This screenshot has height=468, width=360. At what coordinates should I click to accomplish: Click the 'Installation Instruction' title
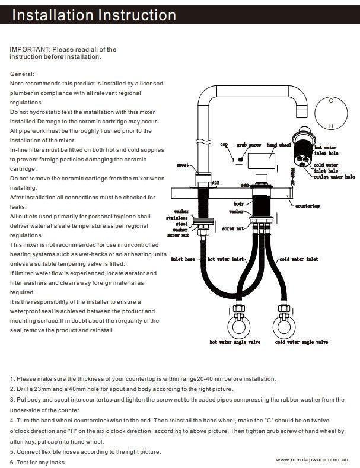[x=94, y=15]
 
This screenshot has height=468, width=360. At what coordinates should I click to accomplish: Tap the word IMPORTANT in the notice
[x=30, y=50]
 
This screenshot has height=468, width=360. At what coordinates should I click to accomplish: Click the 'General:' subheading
[x=23, y=74]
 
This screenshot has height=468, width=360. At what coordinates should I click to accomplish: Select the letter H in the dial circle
[x=331, y=126]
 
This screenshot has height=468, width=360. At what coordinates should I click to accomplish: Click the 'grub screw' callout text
[x=249, y=145]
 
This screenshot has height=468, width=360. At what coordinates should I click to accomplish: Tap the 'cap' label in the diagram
[x=224, y=144]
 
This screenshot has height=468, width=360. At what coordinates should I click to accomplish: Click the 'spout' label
[x=183, y=165]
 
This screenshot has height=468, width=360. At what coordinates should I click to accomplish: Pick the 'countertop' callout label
[x=307, y=206]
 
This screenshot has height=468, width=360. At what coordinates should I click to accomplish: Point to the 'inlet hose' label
[x=183, y=259]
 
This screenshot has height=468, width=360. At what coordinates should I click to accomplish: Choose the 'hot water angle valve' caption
[x=235, y=342]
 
